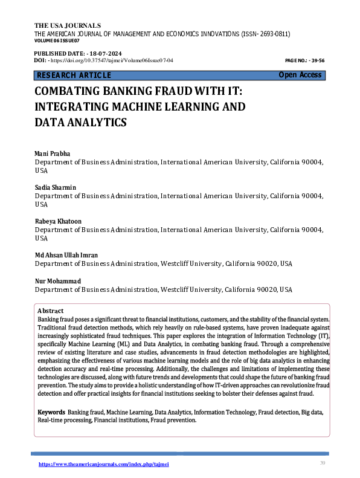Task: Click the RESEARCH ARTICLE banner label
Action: (x=74, y=75)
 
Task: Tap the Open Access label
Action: (x=300, y=75)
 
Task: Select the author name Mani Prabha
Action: (x=53, y=155)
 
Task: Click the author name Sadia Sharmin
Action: (x=56, y=189)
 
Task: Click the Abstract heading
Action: (x=50, y=310)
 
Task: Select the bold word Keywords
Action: (x=51, y=412)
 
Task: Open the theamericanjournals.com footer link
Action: (x=104, y=464)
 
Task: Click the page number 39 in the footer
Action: (x=322, y=463)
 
